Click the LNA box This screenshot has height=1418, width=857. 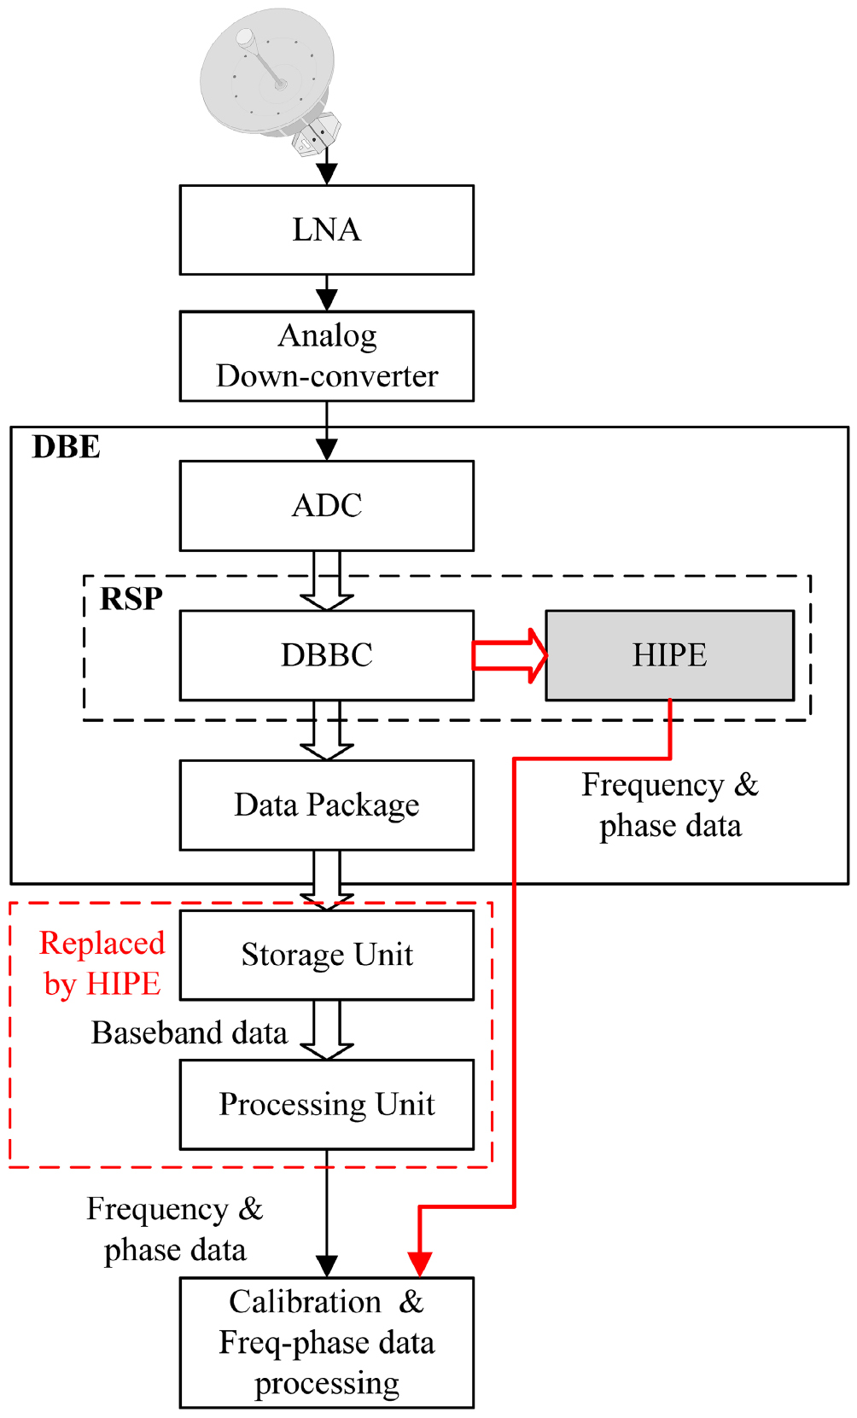[326, 230]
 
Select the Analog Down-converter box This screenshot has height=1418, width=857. [326, 356]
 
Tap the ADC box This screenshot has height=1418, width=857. [326, 505]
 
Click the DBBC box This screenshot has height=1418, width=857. [326, 655]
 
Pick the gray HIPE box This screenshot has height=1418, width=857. [669, 655]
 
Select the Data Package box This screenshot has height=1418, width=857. [326, 805]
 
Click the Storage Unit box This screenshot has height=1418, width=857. [326, 955]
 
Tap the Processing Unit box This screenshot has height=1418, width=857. [326, 1104]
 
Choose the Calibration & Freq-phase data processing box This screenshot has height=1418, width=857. [326, 1342]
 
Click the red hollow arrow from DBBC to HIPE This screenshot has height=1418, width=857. [510, 655]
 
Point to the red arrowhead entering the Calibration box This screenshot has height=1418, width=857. [419, 1263]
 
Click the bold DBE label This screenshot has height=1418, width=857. [66, 446]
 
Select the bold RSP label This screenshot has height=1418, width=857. [131, 598]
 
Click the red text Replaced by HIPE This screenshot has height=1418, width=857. [102, 963]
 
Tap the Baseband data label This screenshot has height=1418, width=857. [189, 1032]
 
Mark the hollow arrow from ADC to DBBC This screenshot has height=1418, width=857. [327, 581]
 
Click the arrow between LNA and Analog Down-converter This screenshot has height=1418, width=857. [327, 293]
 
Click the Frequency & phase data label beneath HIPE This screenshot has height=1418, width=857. [669, 805]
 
